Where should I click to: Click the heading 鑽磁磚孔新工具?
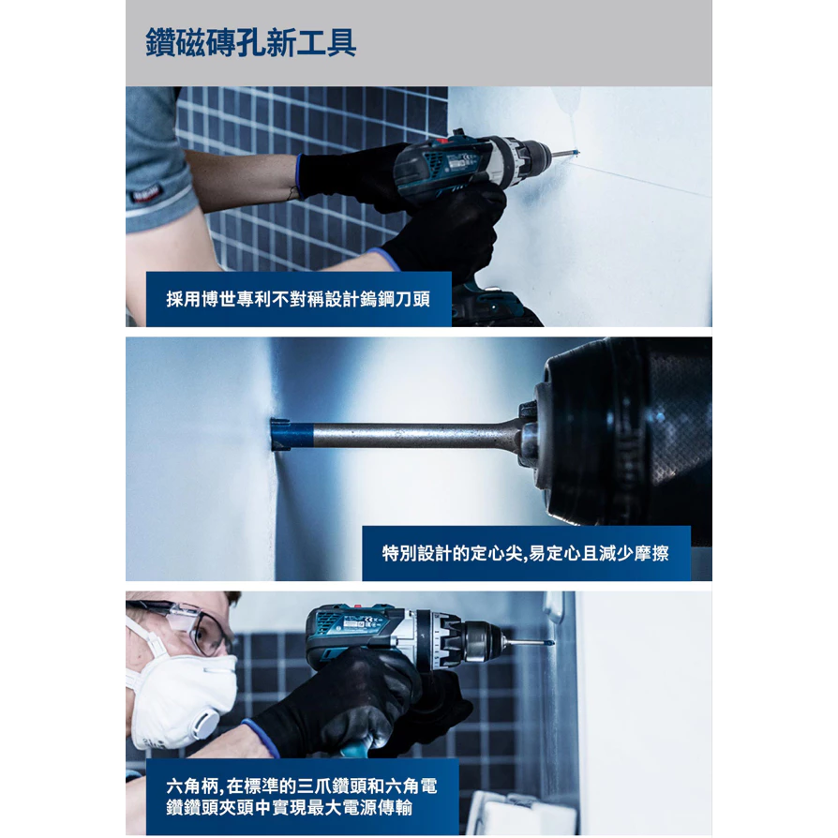[x=250, y=43]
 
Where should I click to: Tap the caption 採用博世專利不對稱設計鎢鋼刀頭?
[x=298, y=299]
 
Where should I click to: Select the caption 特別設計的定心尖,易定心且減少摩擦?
[x=525, y=553]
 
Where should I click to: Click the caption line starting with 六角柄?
[x=302, y=786]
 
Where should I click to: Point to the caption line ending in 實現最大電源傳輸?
[x=289, y=807]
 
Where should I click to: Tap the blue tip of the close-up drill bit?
[x=292, y=434]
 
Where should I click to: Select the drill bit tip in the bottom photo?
[x=546, y=642]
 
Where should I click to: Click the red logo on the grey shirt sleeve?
[x=145, y=193]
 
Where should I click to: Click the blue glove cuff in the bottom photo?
[x=261, y=738]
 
